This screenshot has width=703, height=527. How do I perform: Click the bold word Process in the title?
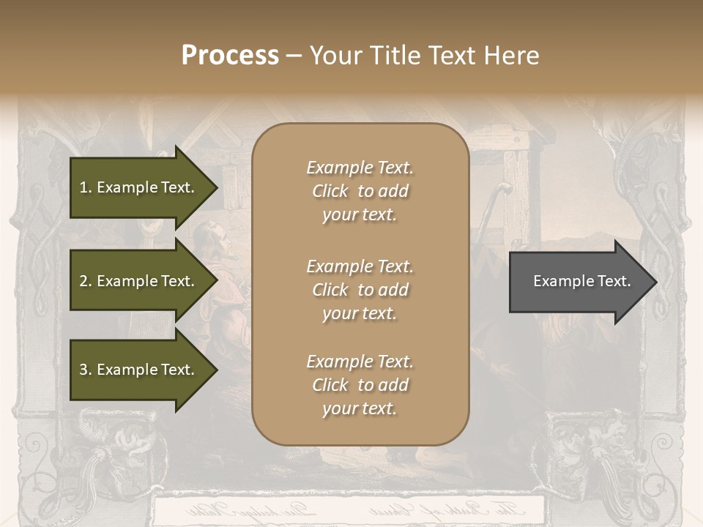coord(230,56)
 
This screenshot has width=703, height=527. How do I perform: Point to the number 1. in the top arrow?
coord(85,187)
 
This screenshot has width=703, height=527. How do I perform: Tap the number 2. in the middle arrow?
coord(85,281)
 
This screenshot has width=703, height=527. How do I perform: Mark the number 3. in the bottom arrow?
coord(85,370)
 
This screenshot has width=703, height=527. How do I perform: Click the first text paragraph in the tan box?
coord(360,191)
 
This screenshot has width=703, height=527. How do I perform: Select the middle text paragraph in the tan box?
coord(360,290)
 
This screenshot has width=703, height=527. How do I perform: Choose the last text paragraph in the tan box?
coord(360,385)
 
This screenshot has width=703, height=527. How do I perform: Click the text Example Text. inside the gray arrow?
coord(581,281)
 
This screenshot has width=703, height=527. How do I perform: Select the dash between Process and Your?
coord(294,56)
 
